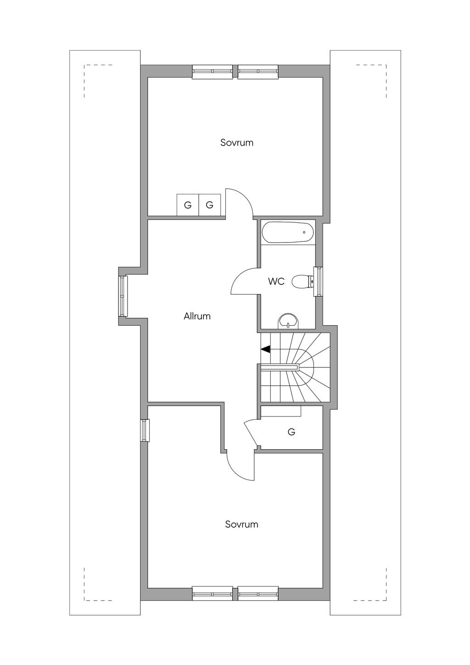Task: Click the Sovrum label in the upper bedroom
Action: pos(236,142)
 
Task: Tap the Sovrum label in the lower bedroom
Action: pos(241,524)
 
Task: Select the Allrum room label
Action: pos(197,316)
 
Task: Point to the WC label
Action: pos(276,282)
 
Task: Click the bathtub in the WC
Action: pos(288,232)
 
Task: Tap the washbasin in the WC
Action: pos(288,321)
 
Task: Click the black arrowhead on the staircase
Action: pos(265,349)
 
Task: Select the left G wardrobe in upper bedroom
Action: pos(188,205)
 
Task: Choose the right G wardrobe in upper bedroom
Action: pos(210,205)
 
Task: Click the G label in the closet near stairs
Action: pos(291,432)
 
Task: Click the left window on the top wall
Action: pos(212,71)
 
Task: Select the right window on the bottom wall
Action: pos(258,593)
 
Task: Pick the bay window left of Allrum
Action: pos(122,296)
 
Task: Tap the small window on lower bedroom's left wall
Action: pos(145,430)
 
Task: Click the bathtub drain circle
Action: pos(304,232)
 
